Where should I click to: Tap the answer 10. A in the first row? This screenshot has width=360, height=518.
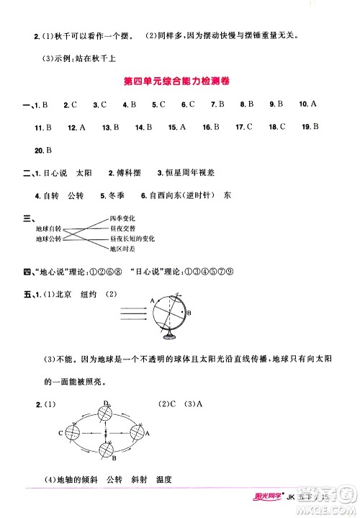click(x=307, y=104)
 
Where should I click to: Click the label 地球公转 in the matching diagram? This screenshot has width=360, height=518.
click(x=49, y=238)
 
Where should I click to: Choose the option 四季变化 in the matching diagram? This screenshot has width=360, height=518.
click(x=122, y=218)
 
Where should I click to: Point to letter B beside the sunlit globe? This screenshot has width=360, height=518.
click(x=189, y=313)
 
